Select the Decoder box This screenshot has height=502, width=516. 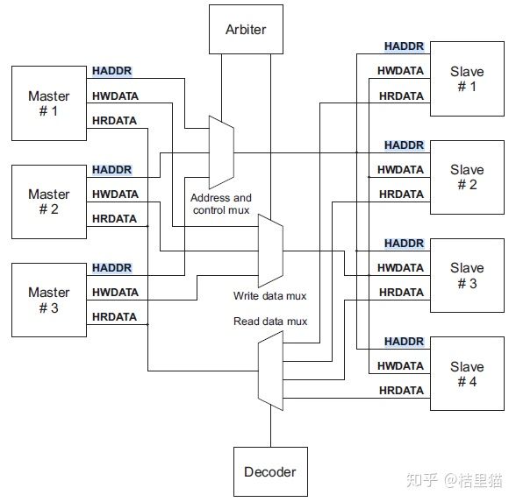(x=269, y=472)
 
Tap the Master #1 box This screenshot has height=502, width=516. (x=48, y=103)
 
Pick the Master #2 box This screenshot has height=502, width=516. (x=48, y=202)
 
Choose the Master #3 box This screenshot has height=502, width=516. (x=48, y=300)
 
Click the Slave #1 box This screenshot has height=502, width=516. (x=466, y=79)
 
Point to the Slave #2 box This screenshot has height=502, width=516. (x=466, y=177)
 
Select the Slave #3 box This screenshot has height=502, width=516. (x=466, y=275)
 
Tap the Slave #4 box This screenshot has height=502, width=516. (x=466, y=373)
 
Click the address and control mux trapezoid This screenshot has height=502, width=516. (x=221, y=152)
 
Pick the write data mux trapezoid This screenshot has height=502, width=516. (x=270, y=251)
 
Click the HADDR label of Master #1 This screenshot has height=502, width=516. (x=111, y=71)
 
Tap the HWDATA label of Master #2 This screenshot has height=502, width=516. (x=115, y=194)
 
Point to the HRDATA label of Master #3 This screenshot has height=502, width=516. (x=114, y=316)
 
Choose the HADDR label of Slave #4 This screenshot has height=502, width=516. (x=404, y=342)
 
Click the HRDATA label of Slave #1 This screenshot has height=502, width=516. (x=401, y=95)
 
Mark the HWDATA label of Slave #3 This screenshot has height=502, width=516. (x=401, y=268)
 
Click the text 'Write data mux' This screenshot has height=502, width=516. (x=269, y=296)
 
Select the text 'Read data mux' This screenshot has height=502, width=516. (x=270, y=322)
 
